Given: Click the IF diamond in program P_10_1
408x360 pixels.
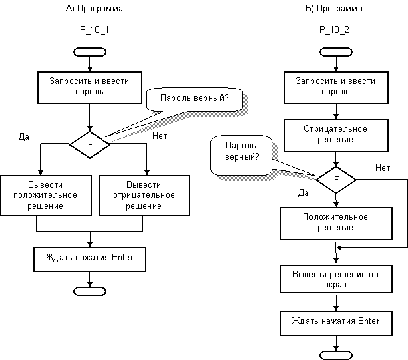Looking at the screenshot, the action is [x=90, y=144].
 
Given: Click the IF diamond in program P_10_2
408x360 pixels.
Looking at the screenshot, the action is [x=336, y=180].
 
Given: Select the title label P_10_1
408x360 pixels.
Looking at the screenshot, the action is [x=95, y=29].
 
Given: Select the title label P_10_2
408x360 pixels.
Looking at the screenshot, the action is [x=334, y=29].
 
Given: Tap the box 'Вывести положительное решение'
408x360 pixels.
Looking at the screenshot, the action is [x=46, y=196].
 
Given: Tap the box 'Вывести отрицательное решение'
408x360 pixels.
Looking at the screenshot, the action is [x=144, y=196].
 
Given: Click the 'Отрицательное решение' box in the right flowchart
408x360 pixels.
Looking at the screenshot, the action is [x=336, y=136].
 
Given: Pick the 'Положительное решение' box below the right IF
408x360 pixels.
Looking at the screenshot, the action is [x=336, y=224].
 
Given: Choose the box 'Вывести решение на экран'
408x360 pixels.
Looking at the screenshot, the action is [x=336, y=279].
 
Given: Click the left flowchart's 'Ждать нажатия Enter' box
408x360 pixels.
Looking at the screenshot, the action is [x=90, y=260].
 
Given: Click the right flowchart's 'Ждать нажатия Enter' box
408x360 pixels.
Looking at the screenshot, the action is [x=336, y=323].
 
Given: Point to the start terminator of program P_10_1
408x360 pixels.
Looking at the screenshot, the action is [x=90, y=52].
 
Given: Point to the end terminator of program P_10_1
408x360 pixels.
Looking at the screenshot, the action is [x=90, y=291].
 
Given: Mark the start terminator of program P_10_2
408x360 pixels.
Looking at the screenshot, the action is [x=336, y=52].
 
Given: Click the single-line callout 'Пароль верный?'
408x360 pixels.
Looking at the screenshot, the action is [x=194, y=100].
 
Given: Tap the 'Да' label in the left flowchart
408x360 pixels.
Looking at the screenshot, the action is [x=24, y=137].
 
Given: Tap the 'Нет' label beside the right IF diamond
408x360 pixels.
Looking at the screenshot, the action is [x=383, y=168].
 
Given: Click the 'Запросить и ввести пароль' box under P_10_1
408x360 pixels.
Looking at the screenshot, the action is [x=90, y=88].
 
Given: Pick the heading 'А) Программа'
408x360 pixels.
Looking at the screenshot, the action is [x=95, y=9].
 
